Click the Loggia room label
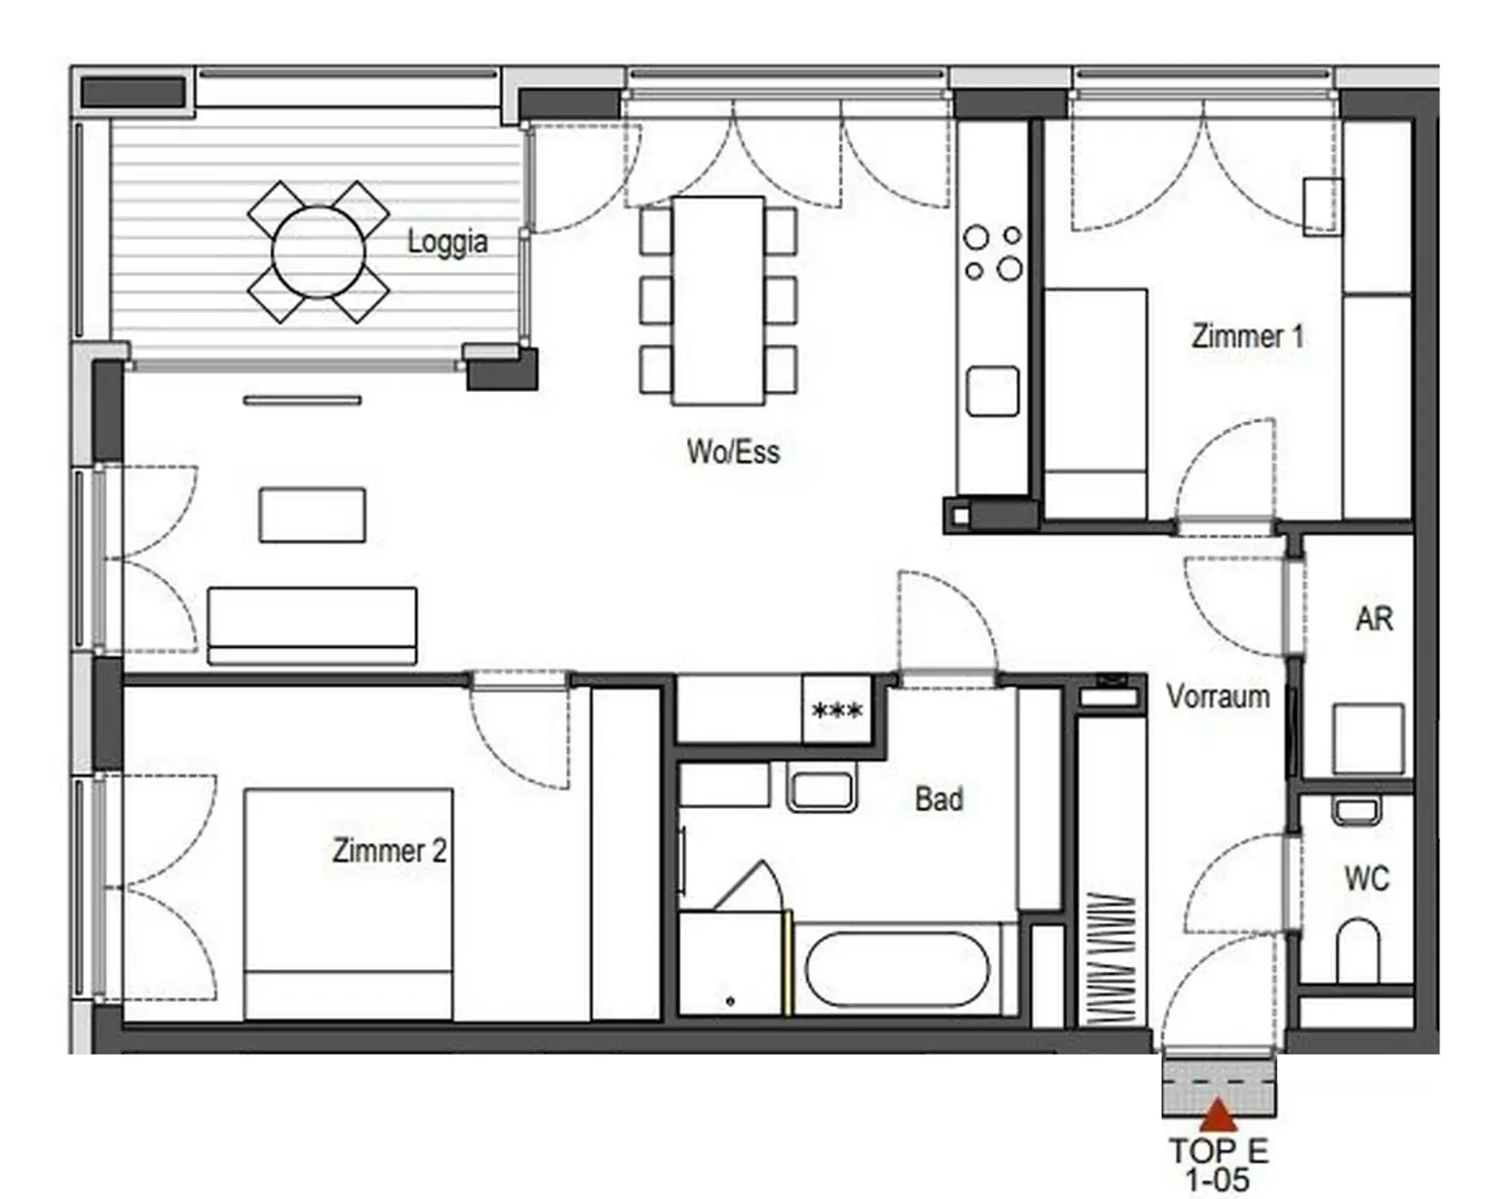coord(447,242)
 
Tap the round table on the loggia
coord(318,251)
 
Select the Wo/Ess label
coord(733,451)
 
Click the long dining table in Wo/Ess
coord(718,300)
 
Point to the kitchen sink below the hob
coord(993,392)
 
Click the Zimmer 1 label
coord(1247,336)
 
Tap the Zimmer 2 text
coord(389,850)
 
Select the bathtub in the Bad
coord(898,969)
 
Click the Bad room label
coord(940,798)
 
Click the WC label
coord(1367,878)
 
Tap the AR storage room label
coord(1374,619)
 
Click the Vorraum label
coord(1218,697)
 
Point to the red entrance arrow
coord(1218,1115)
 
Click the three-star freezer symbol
coord(837,712)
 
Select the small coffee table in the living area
coord(312,515)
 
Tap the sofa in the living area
coord(312,626)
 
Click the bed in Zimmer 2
coord(349,904)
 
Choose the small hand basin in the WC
coord(1357,811)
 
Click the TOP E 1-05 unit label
coord(1218,1165)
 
